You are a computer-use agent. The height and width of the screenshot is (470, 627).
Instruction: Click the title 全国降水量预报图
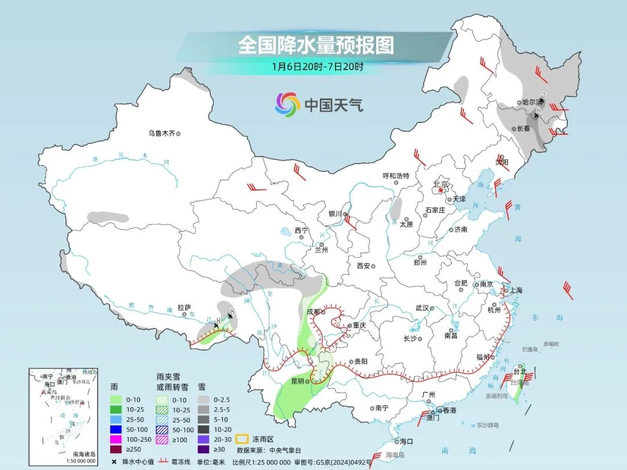[316, 46]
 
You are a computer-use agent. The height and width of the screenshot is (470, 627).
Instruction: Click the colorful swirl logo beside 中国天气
[287, 104]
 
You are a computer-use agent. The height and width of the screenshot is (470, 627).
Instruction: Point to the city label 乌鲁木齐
[161, 133]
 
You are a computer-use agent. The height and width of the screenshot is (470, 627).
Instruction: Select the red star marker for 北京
[441, 190]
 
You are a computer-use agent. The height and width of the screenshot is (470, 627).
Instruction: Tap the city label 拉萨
[184, 308]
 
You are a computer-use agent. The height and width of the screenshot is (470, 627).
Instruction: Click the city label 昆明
[297, 381]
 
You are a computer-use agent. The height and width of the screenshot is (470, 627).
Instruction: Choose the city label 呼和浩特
[396, 175]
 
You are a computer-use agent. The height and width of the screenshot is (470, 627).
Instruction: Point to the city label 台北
[518, 371]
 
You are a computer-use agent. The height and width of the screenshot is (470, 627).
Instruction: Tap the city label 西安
[363, 266]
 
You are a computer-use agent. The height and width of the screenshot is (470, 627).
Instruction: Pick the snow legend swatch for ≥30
[203, 449]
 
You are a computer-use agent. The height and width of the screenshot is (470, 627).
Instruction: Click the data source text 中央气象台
[286, 450]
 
